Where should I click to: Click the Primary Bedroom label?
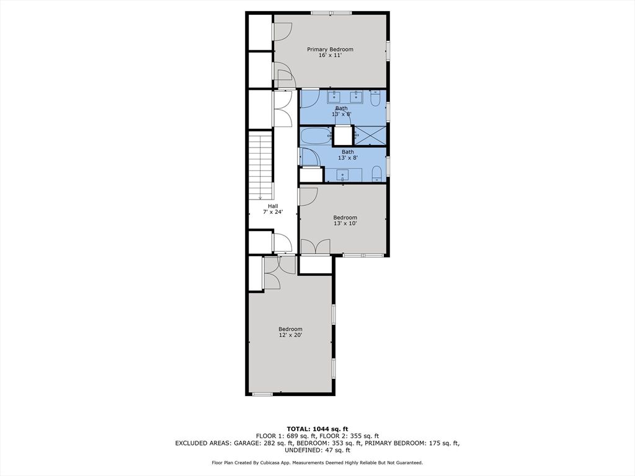coord(330,50)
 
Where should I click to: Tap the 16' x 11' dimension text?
coord(330,56)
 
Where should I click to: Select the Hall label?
coord(273,206)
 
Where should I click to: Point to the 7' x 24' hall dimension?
coord(273,212)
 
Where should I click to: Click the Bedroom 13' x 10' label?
coord(345,218)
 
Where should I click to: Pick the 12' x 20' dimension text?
coord(290,335)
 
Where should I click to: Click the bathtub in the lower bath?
coord(316,136)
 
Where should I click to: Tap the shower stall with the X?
coord(369,135)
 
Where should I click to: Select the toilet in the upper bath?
coord(375,99)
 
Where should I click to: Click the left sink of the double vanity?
coord(334,97)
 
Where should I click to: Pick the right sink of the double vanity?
coord(356,97)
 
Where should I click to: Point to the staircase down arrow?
coord(260,196)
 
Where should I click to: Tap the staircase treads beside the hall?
coord(260,164)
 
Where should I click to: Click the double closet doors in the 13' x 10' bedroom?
coord(316,246)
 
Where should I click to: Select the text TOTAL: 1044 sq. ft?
coord(317,429)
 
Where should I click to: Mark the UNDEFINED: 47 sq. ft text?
coord(317,451)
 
